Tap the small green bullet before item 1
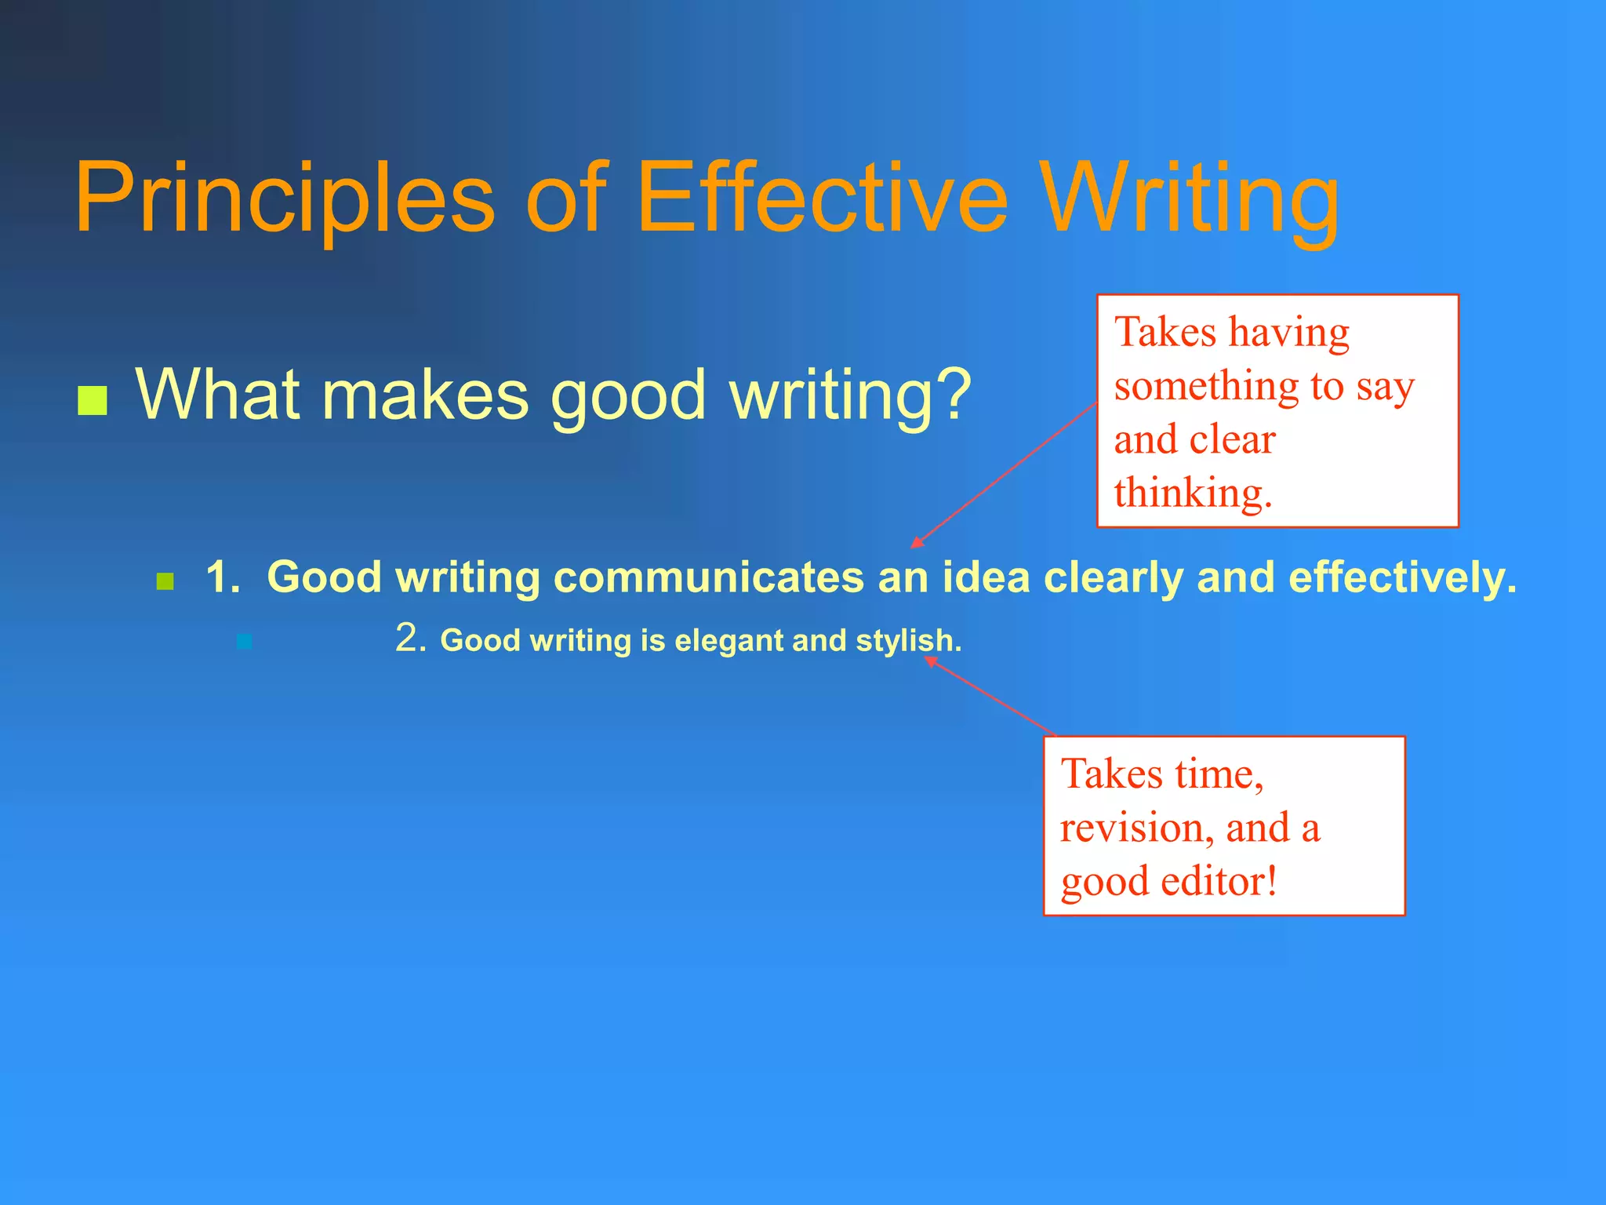pos(165,581)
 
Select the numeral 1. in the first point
pos(223,577)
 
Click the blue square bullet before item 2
pos(245,642)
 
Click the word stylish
pos(907,641)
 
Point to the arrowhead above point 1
pos(916,543)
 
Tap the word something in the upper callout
pos(1206,386)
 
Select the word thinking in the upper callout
pos(1192,493)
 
